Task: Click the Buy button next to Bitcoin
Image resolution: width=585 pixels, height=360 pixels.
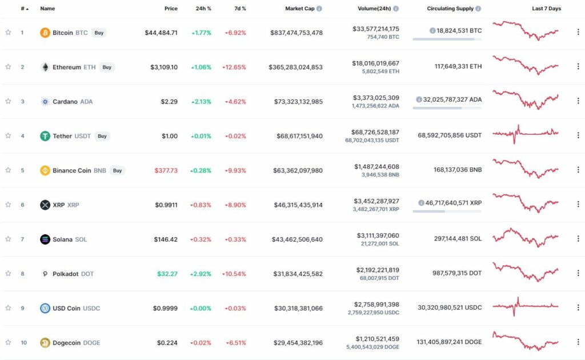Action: click(99, 33)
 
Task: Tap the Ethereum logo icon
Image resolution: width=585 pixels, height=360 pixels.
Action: click(45, 67)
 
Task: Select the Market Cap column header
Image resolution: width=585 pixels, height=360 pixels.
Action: click(300, 9)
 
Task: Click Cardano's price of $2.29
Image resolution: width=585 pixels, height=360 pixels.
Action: click(169, 102)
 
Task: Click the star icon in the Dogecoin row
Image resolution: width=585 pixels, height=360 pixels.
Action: click(8, 342)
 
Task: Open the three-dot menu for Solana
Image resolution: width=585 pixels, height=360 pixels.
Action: click(578, 239)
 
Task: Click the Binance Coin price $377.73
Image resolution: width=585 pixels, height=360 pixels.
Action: click(166, 170)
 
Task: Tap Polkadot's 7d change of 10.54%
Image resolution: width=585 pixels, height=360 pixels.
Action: click(235, 274)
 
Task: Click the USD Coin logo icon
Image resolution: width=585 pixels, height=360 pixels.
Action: click(45, 308)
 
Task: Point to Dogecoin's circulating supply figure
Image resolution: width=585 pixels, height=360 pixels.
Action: click(449, 342)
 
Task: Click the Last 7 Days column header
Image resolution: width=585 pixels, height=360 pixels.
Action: click(546, 9)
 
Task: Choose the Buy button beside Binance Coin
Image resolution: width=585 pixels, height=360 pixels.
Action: click(117, 170)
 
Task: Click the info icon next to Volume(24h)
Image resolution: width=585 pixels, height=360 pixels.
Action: click(396, 9)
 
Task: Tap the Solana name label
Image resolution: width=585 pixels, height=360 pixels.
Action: click(63, 239)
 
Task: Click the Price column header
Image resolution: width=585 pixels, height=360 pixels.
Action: click(171, 9)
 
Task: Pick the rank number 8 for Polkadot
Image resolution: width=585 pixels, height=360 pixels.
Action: click(22, 274)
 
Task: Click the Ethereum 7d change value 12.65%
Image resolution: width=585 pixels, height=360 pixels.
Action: click(235, 67)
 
